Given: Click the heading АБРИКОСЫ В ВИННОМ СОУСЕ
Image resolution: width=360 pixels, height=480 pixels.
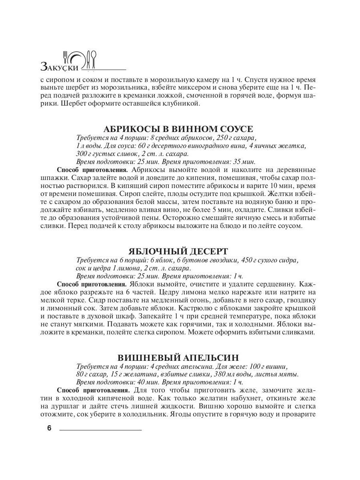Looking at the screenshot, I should (178, 129).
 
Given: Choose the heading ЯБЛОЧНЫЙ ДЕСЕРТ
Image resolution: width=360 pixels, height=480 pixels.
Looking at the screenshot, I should (178, 251).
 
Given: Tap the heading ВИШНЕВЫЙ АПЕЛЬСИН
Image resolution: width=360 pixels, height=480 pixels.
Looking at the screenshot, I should (178, 357).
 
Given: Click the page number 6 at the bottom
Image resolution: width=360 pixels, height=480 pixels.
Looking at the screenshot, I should (49, 428).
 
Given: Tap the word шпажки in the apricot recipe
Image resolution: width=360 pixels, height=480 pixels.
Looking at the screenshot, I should (51, 178).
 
